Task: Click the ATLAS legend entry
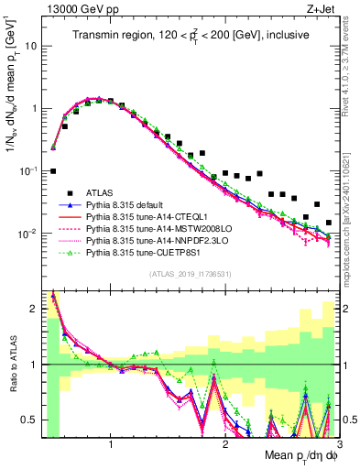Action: (99, 192)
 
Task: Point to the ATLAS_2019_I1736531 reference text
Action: (190, 274)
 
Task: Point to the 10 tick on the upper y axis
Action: (30, 45)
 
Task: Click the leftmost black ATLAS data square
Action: (53, 171)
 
